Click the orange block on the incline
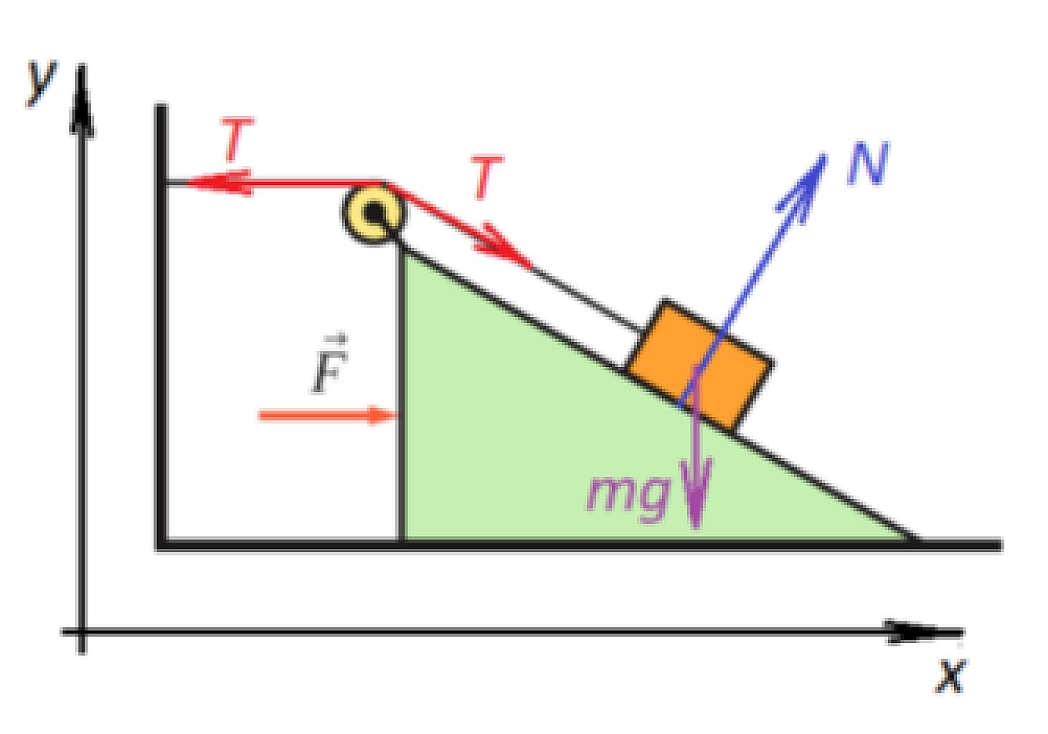click(x=699, y=364)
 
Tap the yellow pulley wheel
click(x=373, y=214)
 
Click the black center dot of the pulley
click(x=374, y=213)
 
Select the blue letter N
click(x=868, y=163)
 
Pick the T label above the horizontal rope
click(x=237, y=138)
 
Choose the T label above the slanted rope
click(x=486, y=177)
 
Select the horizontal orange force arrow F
click(x=328, y=415)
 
